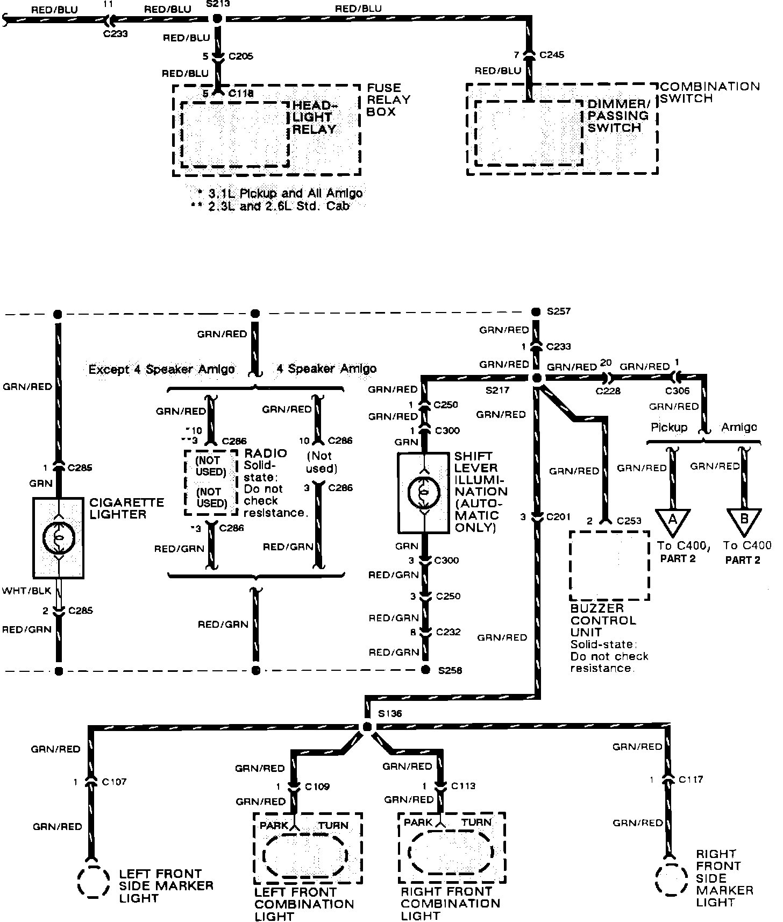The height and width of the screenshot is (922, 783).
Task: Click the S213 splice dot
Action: click(217, 19)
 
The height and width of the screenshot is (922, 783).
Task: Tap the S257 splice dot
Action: click(536, 312)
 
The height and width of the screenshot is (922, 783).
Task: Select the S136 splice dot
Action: click(367, 727)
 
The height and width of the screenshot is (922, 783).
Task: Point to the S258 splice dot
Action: click(425, 670)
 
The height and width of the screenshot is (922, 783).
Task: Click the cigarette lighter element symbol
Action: click(58, 538)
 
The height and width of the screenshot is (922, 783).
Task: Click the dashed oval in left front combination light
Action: click(305, 855)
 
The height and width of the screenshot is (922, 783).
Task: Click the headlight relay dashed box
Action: click(235, 134)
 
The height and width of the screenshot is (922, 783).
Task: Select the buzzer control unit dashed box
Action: click(609, 565)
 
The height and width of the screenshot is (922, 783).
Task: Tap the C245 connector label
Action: click(551, 54)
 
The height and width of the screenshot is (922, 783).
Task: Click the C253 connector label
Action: click(629, 521)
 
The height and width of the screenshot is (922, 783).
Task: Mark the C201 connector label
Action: click(558, 517)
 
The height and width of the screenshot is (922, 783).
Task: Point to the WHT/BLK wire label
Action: click(27, 591)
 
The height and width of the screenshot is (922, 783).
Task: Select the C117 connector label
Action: click(691, 779)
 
